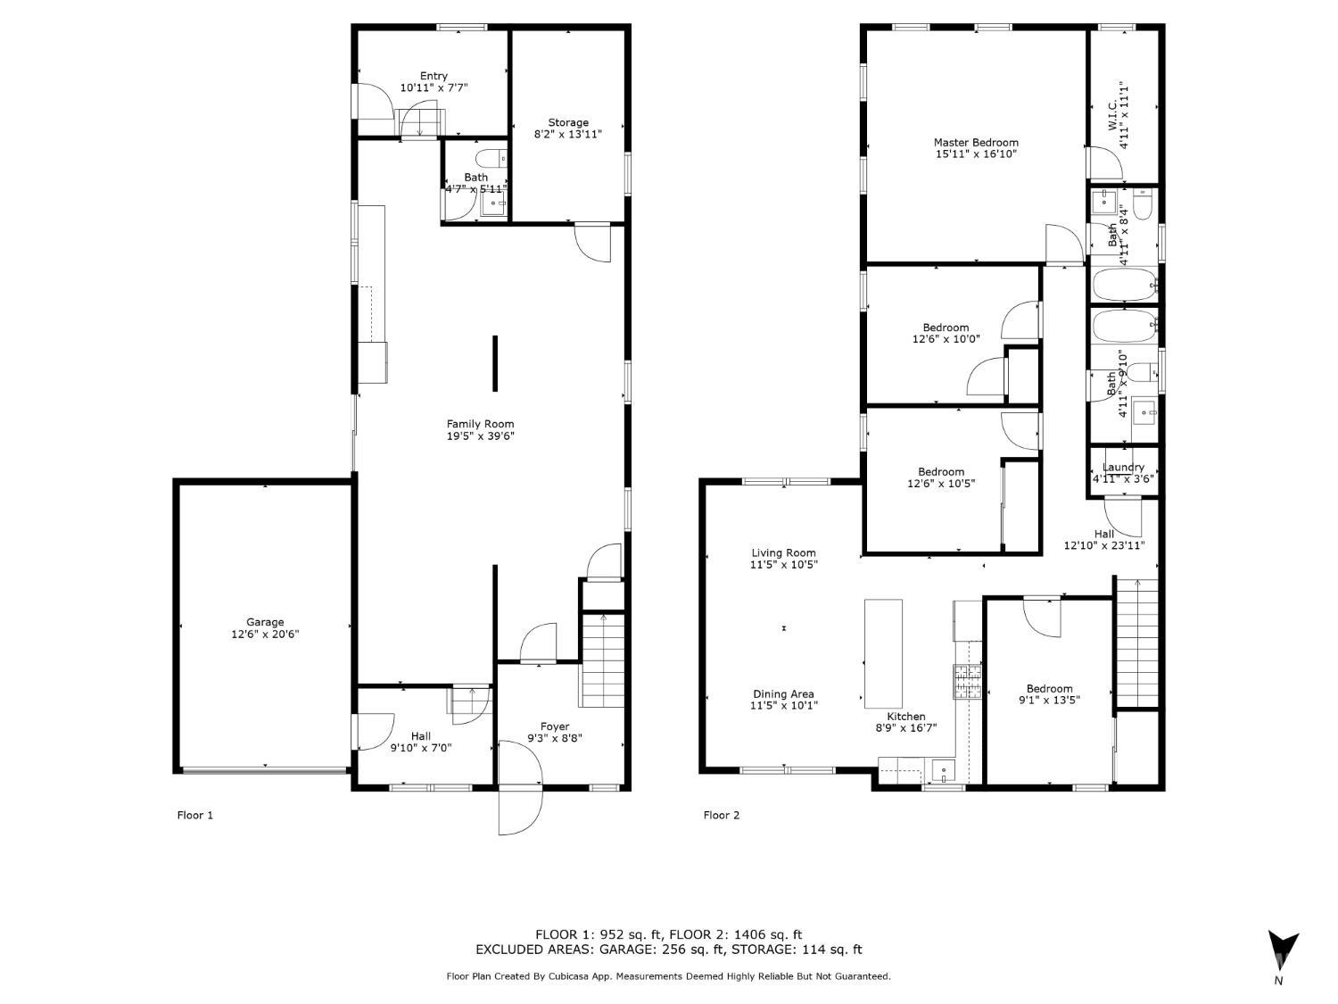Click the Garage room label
(265, 622)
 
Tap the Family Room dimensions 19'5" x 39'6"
(480, 436)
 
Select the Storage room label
(568, 122)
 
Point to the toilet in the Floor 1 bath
(491, 159)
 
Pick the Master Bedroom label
(976, 143)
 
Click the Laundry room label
(1123, 467)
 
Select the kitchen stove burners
(967, 681)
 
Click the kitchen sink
(943, 771)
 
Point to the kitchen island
(883, 653)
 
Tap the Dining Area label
(783, 693)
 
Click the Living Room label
(783, 553)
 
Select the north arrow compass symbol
(1283, 950)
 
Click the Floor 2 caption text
(721, 815)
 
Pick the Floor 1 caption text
(195, 815)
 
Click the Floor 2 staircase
(1136, 643)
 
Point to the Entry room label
(434, 76)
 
